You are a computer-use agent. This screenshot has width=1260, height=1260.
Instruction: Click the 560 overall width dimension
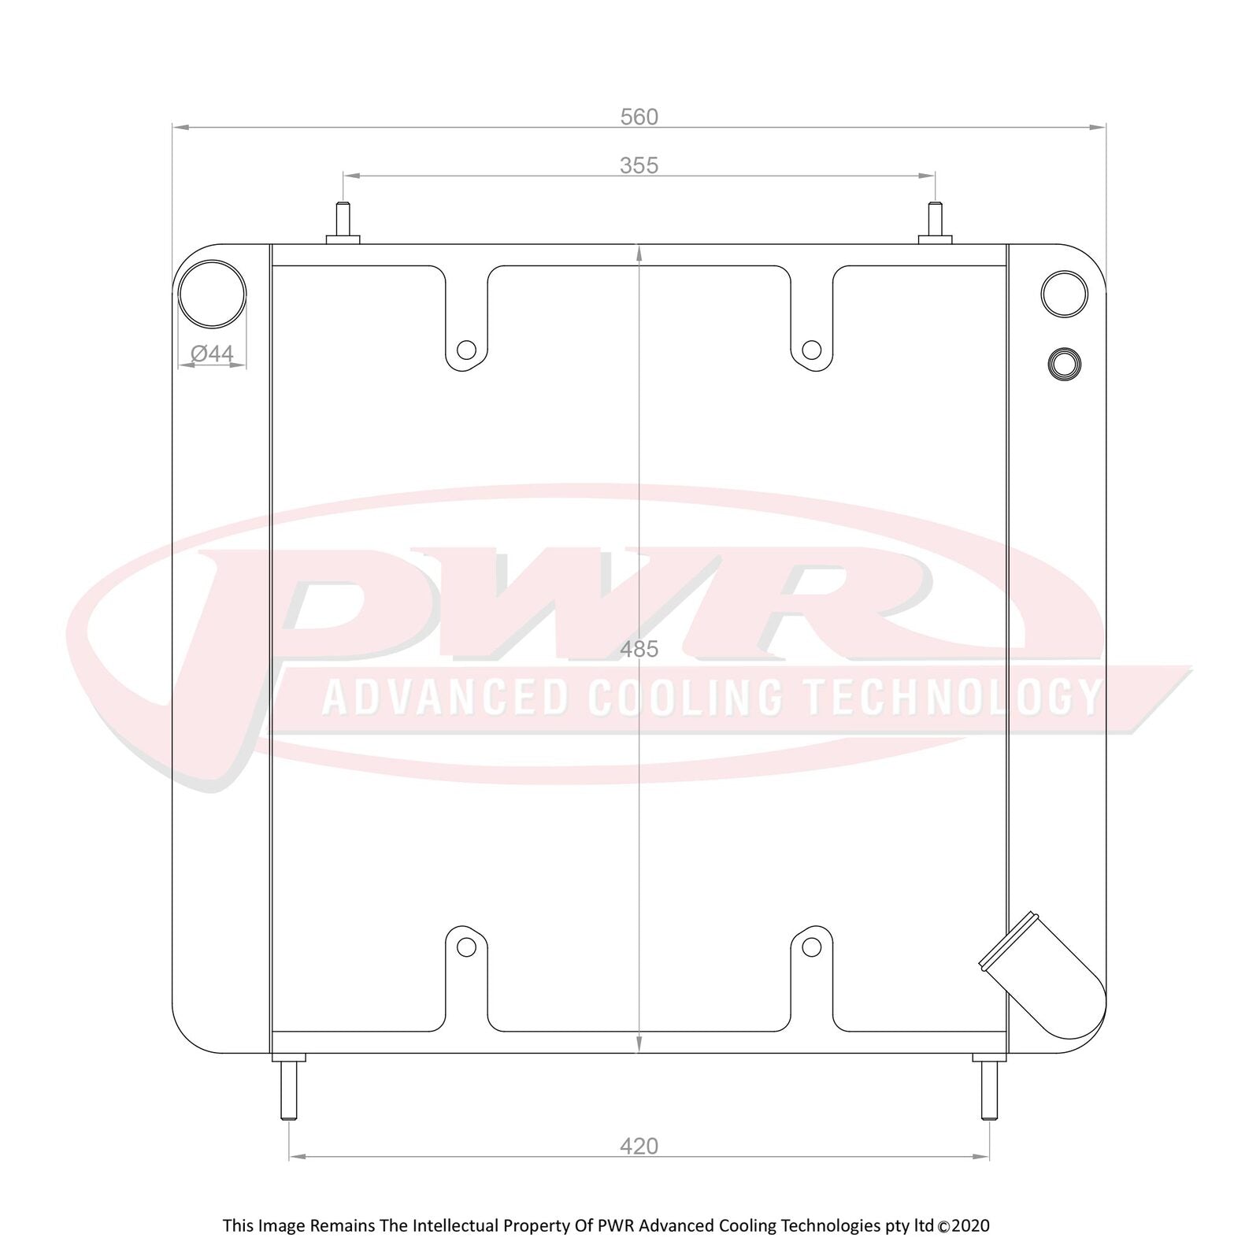pos(639,117)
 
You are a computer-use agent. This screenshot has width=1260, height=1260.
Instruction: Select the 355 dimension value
pos(639,166)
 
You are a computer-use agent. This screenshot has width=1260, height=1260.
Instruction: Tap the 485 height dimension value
pos(639,650)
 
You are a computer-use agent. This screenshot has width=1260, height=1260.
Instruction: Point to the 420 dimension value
pos(639,1147)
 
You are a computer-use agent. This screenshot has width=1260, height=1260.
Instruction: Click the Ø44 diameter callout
pos(213,354)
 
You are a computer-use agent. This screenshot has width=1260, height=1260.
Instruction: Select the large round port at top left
pos(212,295)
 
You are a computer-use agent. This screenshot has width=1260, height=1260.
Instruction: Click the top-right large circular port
pos(1064,294)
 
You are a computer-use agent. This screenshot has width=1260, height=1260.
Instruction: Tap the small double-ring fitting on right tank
pos(1064,364)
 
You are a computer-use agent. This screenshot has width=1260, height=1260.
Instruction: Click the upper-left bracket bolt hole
pos(466,350)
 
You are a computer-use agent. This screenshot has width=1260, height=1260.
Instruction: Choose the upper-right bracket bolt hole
pos(811,350)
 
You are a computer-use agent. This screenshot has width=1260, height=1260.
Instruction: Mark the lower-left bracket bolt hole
pos(466,947)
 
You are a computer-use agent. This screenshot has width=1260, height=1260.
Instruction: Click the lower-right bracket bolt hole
pos(811,947)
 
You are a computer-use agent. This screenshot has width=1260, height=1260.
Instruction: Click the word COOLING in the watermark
pos(685,698)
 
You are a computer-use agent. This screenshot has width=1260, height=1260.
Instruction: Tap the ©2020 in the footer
pos(964,1226)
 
